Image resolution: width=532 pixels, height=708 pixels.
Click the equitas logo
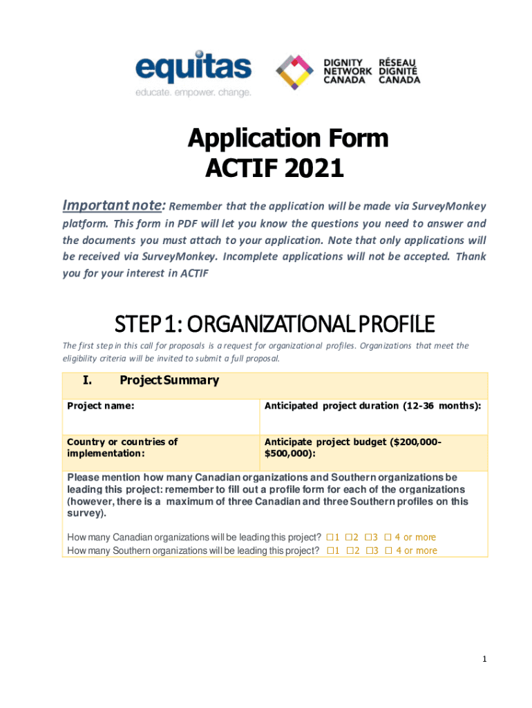click(193, 70)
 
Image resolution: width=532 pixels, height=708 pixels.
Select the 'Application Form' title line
click(288, 139)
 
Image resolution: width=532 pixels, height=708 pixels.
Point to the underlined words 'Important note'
click(113, 206)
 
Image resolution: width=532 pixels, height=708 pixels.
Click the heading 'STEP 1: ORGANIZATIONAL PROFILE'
click(274, 323)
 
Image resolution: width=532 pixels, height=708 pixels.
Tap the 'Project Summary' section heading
click(169, 380)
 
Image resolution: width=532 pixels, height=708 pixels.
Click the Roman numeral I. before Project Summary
click(87, 380)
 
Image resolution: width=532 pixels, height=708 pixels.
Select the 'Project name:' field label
click(100, 406)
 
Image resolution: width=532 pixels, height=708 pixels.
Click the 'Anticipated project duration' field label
click(372, 406)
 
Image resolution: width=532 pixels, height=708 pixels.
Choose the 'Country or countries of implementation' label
click(122, 447)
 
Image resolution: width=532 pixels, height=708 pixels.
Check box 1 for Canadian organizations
click(330, 537)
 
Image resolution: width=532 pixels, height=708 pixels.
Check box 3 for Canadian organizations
click(368, 537)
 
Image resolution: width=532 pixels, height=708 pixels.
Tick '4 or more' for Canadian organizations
click(388, 537)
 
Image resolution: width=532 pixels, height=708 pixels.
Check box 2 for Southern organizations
click(349, 551)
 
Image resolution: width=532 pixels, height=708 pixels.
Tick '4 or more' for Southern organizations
click(388, 551)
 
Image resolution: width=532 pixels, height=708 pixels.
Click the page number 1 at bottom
click(485, 660)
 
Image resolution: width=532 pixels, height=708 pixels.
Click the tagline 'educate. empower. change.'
click(193, 92)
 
